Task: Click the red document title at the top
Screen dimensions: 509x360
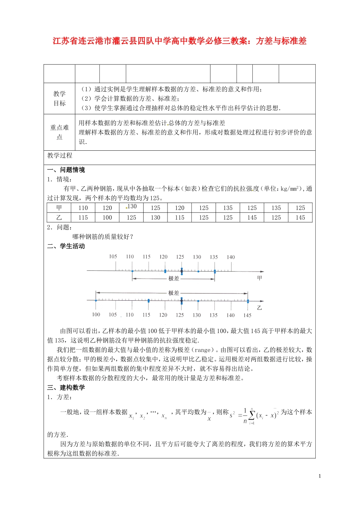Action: coord(180,41)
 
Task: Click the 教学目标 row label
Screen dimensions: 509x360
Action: coord(59,98)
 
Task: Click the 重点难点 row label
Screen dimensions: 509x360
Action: coord(59,132)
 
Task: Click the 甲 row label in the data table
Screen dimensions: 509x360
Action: coord(59,208)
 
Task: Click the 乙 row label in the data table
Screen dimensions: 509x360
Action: coord(59,217)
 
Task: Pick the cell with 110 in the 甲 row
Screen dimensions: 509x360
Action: coord(83,208)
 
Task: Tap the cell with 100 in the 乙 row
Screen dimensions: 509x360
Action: coord(107,217)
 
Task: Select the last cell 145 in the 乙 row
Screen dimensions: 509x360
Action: coord(300,217)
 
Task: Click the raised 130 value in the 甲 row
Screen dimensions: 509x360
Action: coord(132,206)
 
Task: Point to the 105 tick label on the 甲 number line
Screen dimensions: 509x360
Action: coord(113,256)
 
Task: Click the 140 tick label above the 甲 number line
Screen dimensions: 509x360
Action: coord(231,257)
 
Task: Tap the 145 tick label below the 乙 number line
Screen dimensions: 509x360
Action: coord(247,315)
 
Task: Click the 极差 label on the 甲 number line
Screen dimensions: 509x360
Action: coord(174,278)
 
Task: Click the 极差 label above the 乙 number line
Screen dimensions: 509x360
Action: coord(174,293)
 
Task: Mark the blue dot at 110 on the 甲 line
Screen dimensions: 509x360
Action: coord(132,271)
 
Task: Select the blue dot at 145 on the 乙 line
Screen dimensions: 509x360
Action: coord(248,301)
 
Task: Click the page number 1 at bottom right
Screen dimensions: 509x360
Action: coord(319,476)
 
